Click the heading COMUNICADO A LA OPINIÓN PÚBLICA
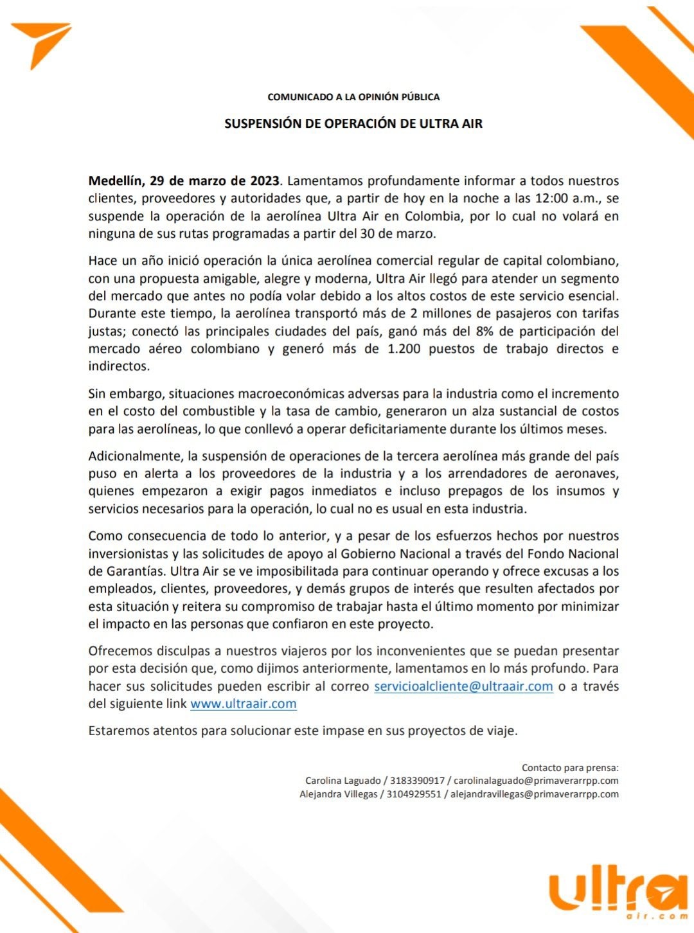pos(353,97)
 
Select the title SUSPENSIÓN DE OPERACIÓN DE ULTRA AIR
pos(353,123)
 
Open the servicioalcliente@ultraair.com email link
pos(463,686)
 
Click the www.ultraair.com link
pos(244,703)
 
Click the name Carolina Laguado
pos(343,781)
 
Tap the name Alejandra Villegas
pos(339,794)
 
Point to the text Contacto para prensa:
pos(570,767)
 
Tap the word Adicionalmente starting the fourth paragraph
pos(135,456)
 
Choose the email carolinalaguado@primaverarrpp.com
pos(536,781)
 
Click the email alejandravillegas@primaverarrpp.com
pos(534,794)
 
